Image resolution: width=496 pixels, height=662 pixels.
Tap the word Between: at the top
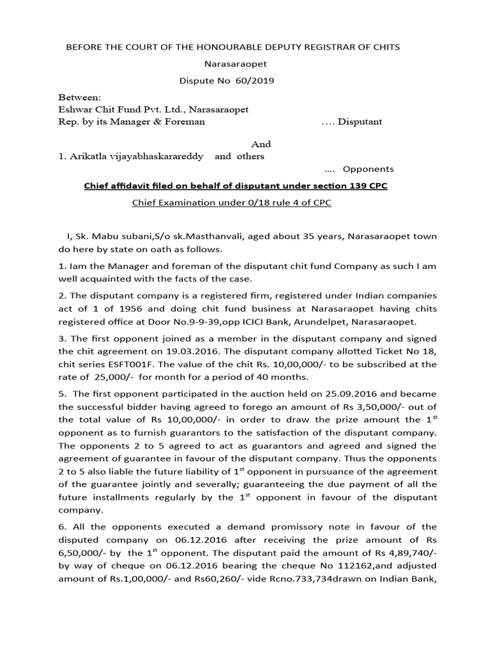coord(76,96)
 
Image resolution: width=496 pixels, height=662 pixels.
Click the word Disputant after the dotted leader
coord(360,121)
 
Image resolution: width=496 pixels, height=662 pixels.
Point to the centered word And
coord(261,144)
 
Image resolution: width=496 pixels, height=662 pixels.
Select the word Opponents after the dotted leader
coord(368,169)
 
